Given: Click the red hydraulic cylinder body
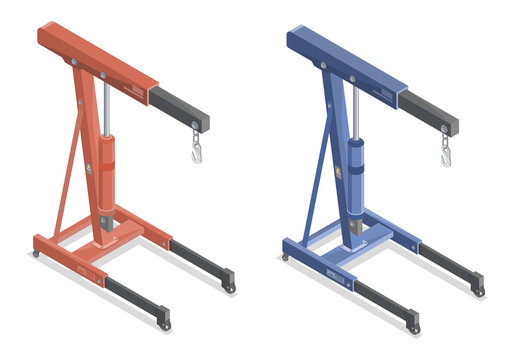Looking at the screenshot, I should coord(105,175).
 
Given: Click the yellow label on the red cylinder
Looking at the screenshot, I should coord(98,169).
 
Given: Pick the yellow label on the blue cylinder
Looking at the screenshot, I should coord(347,171).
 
